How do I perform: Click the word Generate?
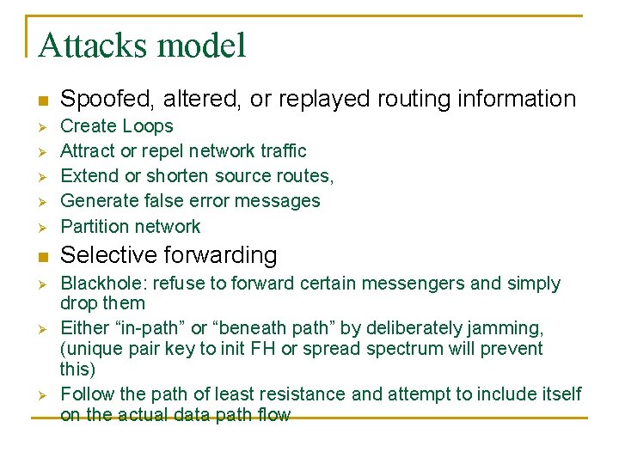pos(98,201)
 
